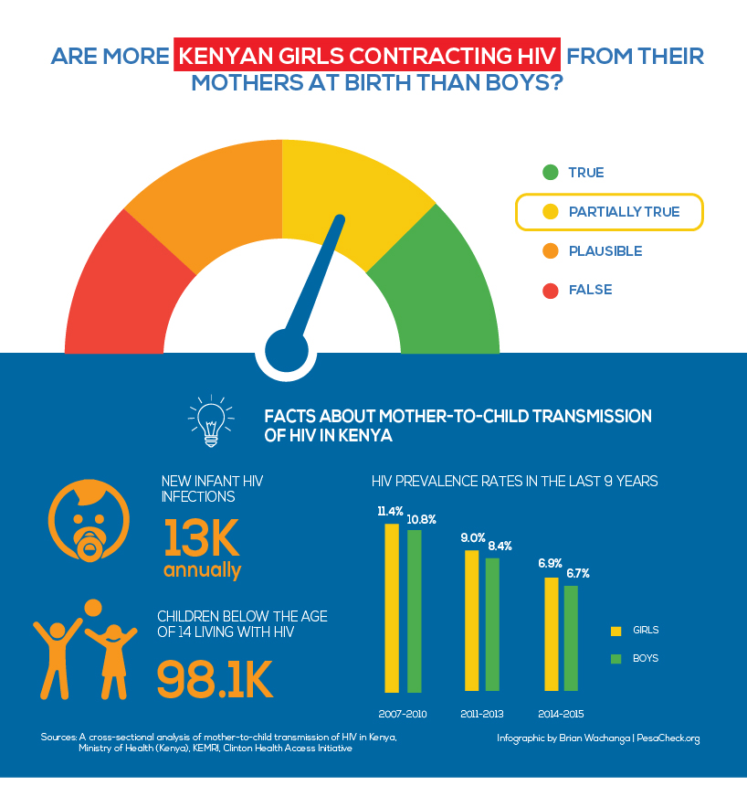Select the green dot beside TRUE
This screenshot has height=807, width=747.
[x=550, y=173]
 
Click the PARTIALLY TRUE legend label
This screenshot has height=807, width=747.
[x=624, y=212]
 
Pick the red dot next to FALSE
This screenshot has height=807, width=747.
[x=550, y=291]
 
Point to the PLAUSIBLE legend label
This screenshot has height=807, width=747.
[x=605, y=251]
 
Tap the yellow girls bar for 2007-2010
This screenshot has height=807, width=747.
[x=392, y=607]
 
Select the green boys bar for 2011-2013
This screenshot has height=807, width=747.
[x=492, y=624]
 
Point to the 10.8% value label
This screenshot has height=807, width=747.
[x=421, y=519]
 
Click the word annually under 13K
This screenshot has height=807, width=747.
[x=203, y=571]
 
